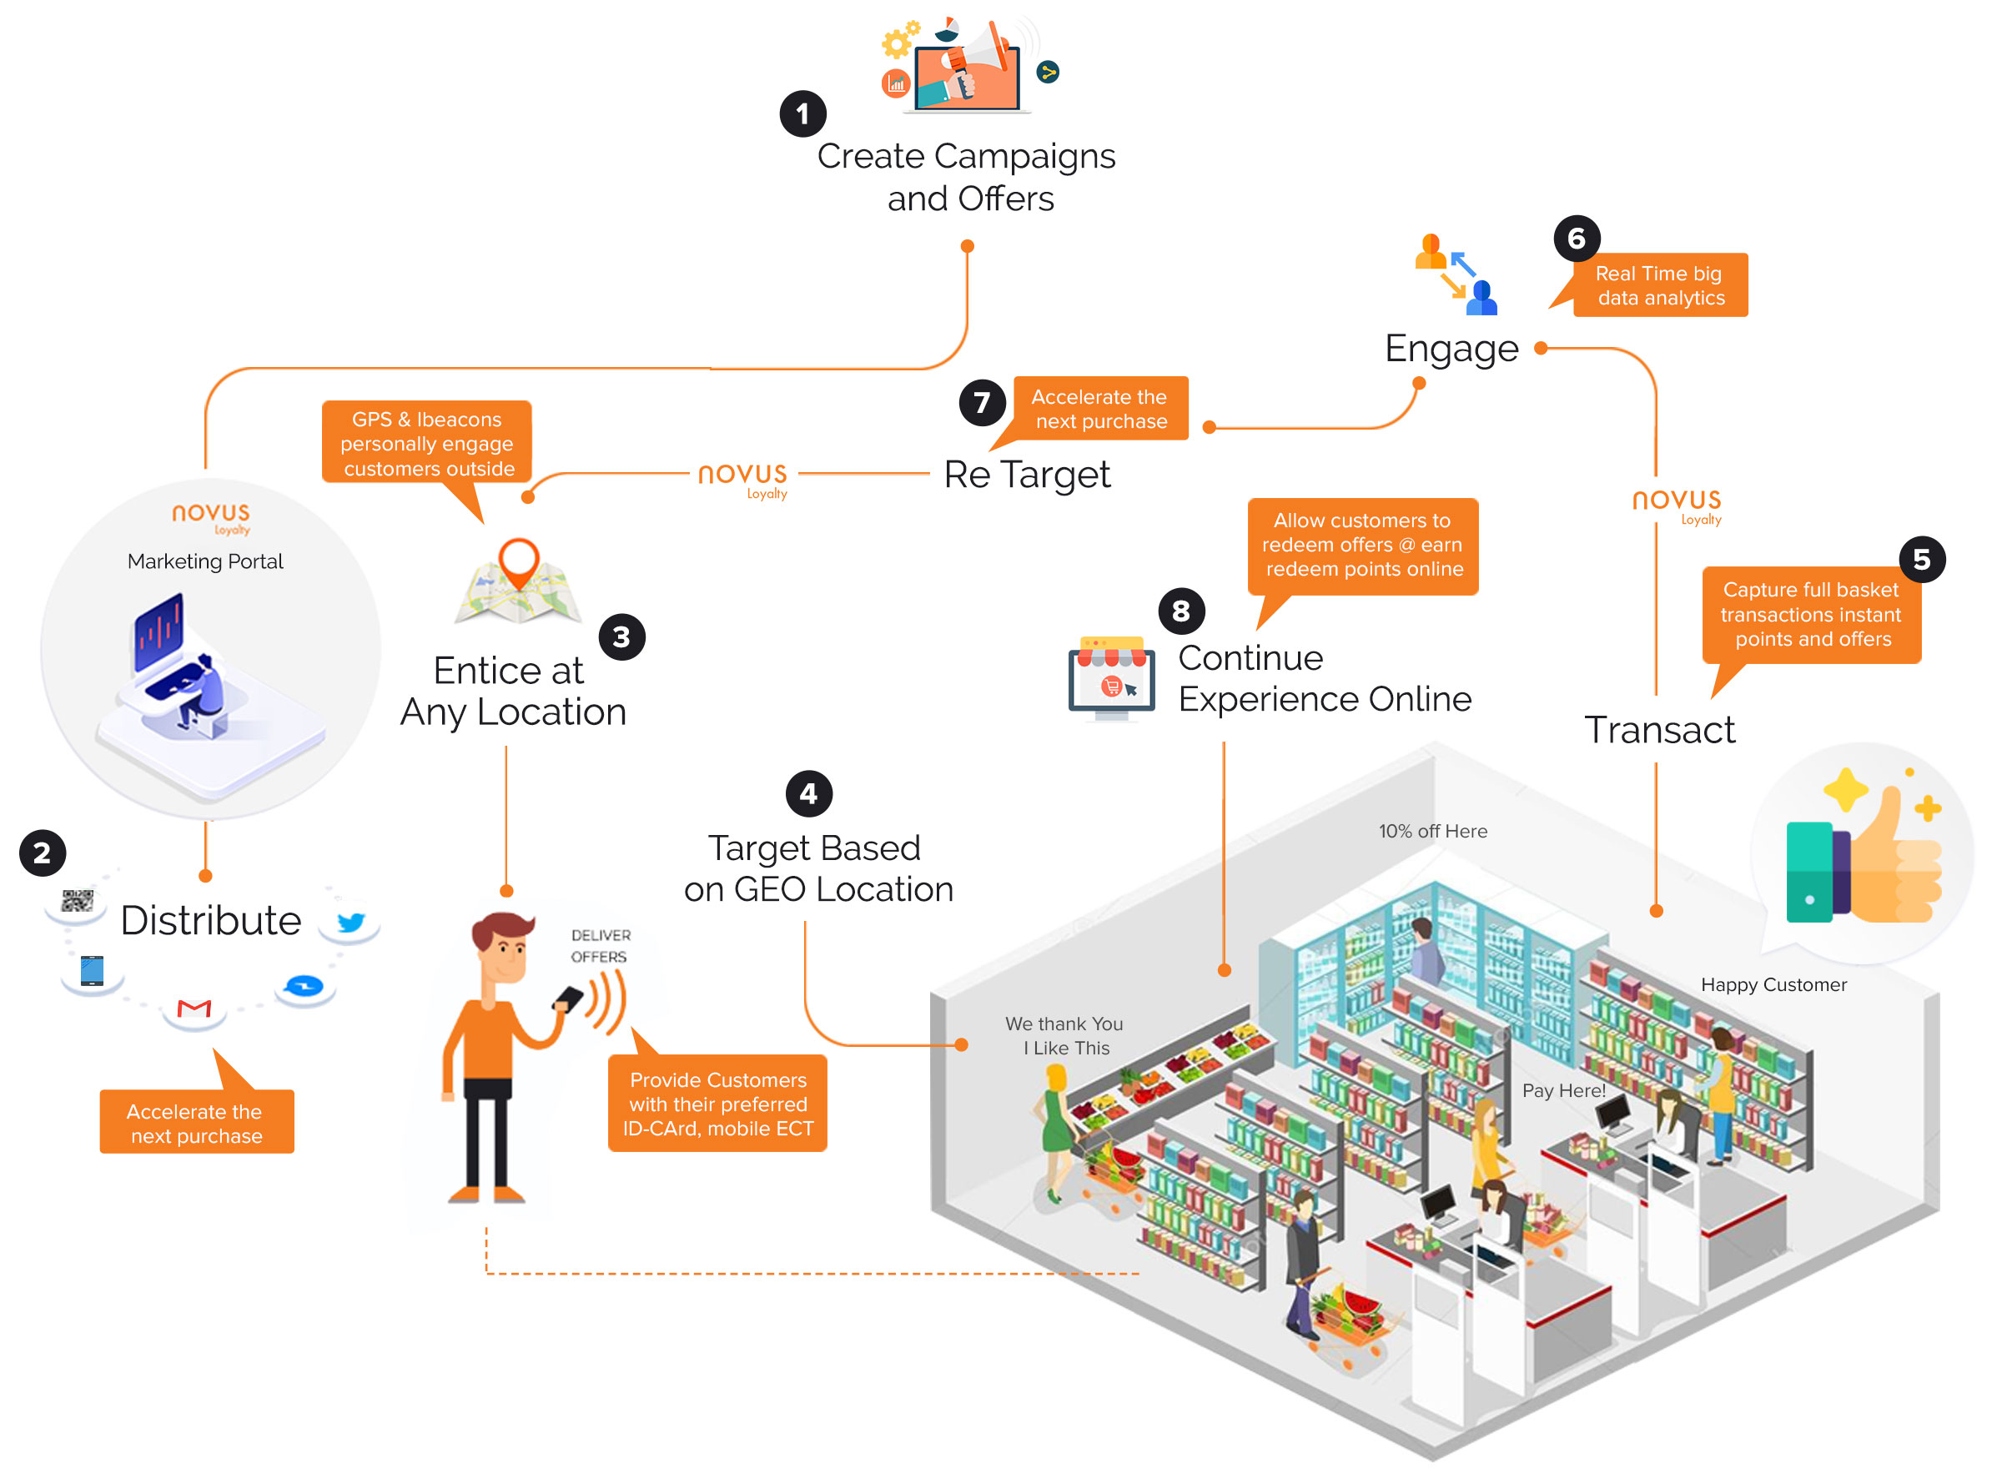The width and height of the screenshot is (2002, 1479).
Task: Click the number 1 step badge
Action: point(802,113)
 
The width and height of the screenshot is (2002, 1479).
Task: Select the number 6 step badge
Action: point(1576,238)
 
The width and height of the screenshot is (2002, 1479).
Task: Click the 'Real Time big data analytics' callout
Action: point(1659,285)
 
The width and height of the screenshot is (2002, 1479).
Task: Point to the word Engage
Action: point(1451,348)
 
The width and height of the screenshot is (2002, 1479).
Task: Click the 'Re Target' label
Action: point(1026,475)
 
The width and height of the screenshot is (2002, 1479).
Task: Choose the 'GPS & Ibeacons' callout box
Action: point(427,443)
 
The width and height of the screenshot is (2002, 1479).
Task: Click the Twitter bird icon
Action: point(350,922)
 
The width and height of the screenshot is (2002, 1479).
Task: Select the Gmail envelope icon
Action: point(194,1009)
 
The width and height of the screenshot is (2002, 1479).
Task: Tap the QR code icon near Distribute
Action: point(77,902)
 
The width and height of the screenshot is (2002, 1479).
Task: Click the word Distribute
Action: point(210,920)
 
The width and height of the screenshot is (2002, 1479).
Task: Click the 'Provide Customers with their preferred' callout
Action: point(717,1104)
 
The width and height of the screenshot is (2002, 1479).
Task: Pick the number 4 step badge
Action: point(808,794)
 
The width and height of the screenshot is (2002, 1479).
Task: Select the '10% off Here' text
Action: point(1432,832)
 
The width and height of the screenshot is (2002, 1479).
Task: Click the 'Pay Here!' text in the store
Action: point(1563,1090)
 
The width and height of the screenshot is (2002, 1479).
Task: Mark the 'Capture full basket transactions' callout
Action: point(1810,615)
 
